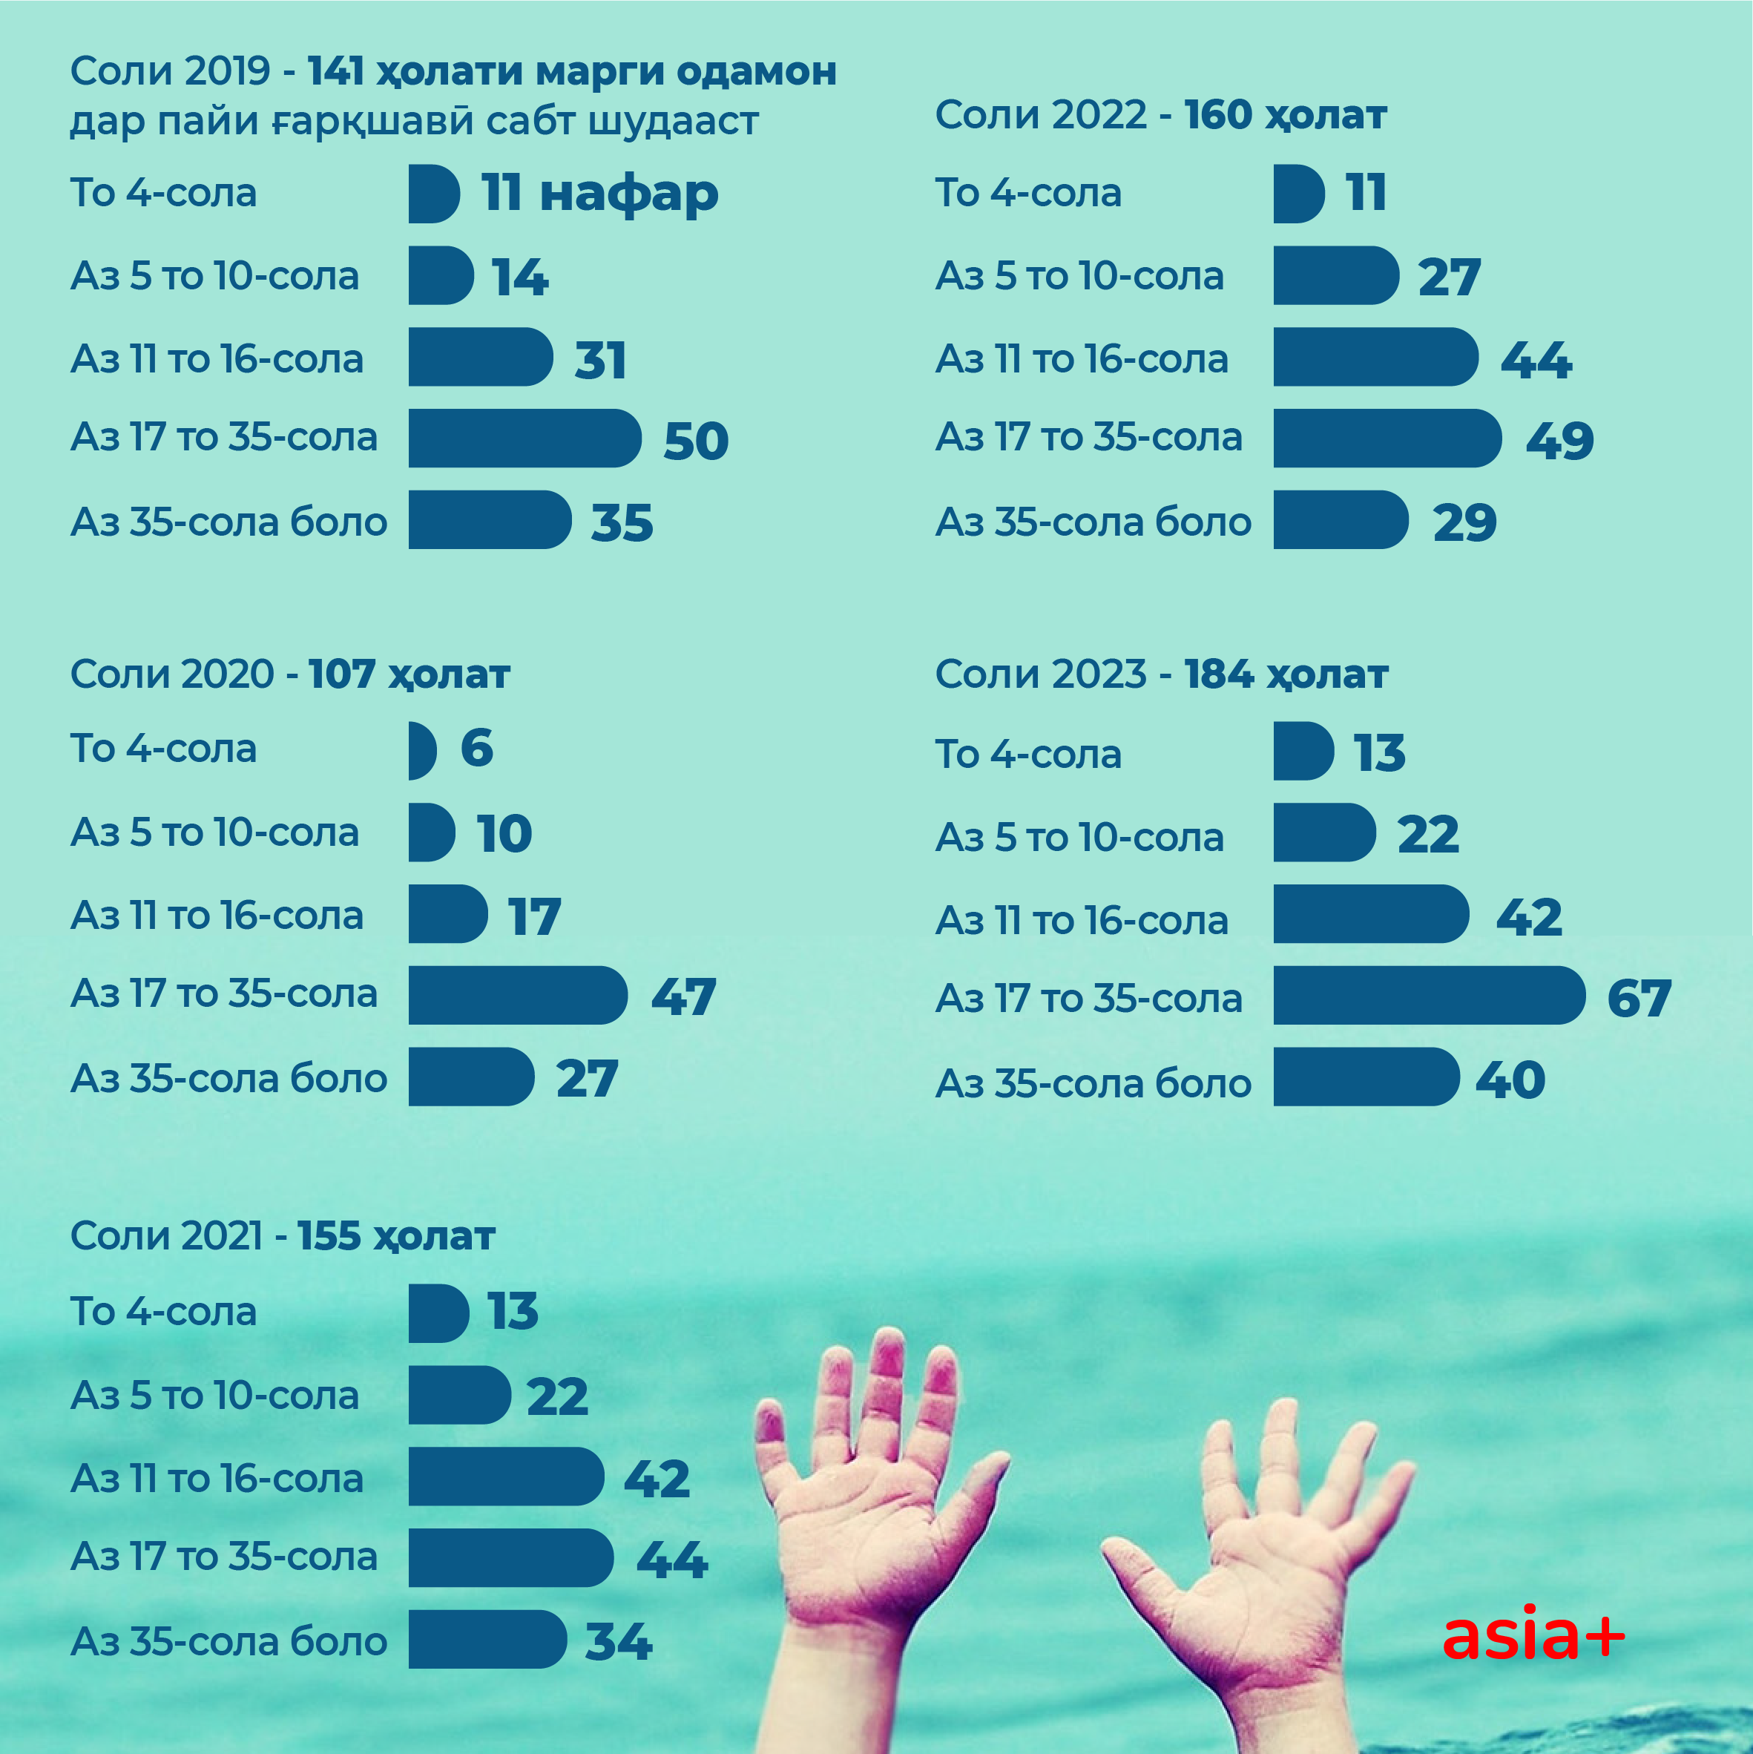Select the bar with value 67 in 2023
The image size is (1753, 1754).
(1428, 995)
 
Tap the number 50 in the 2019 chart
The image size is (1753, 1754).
(695, 441)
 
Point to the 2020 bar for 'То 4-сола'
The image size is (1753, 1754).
(421, 750)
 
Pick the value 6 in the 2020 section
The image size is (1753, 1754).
(476, 748)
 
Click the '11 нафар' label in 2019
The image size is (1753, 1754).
(599, 194)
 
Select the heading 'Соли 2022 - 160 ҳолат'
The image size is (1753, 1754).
(1160, 114)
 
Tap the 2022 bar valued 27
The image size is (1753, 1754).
(1335, 275)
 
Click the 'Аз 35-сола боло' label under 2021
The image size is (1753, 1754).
(228, 1640)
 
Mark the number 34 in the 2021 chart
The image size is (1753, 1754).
(618, 1641)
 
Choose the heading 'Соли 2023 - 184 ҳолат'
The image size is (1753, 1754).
(1161, 674)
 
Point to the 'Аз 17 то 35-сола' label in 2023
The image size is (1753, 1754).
(1088, 998)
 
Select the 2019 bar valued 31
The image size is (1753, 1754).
(479, 357)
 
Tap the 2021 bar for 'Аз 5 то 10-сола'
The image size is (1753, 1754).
(458, 1394)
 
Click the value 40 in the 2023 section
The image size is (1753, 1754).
(1510, 1080)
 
